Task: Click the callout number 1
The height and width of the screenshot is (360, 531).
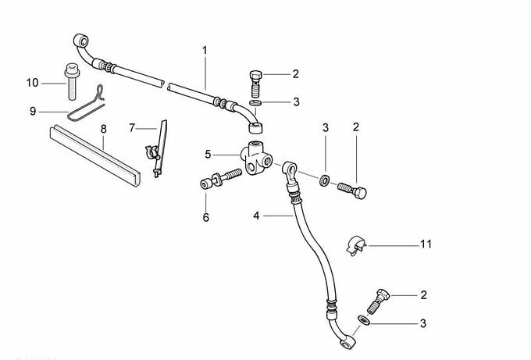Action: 205,50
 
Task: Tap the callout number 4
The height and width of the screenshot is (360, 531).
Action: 255,214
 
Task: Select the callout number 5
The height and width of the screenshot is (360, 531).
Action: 208,154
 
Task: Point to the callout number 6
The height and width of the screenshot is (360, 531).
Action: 206,218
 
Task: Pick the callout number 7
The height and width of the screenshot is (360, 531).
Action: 132,127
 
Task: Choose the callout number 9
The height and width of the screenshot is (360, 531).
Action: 33,112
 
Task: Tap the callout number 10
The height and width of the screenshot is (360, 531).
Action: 32,82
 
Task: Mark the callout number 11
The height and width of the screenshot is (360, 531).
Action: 426,244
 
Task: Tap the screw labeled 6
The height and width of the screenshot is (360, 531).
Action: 221,179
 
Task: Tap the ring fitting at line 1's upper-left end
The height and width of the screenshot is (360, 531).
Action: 78,39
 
